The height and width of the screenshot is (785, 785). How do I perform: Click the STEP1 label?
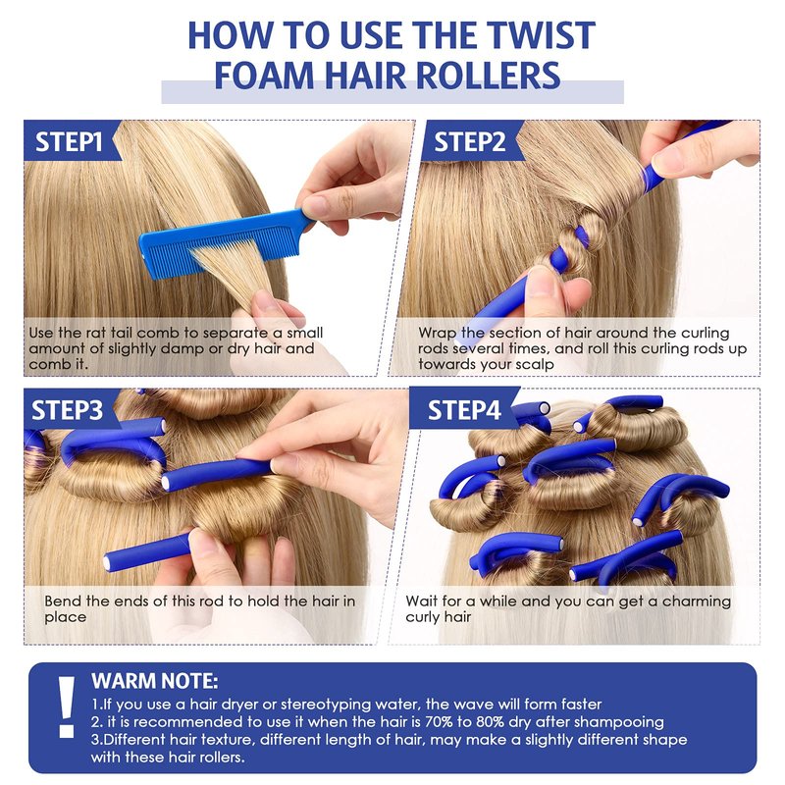(x=69, y=141)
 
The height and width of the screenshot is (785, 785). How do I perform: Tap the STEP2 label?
(x=470, y=142)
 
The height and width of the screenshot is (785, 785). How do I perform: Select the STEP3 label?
(x=67, y=410)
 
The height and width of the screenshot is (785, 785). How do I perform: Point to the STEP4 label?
(x=464, y=410)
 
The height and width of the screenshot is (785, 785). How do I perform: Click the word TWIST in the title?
(x=541, y=35)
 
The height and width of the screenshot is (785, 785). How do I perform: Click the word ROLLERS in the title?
(x=488, y=76)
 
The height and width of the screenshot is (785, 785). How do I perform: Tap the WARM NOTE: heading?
(x=155, y=681)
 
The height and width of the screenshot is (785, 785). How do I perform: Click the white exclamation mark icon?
(x=67, y=706)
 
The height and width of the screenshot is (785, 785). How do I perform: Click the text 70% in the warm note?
(x=440, y=722)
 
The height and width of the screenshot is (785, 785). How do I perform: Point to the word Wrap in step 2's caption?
(x=437, y=333)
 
